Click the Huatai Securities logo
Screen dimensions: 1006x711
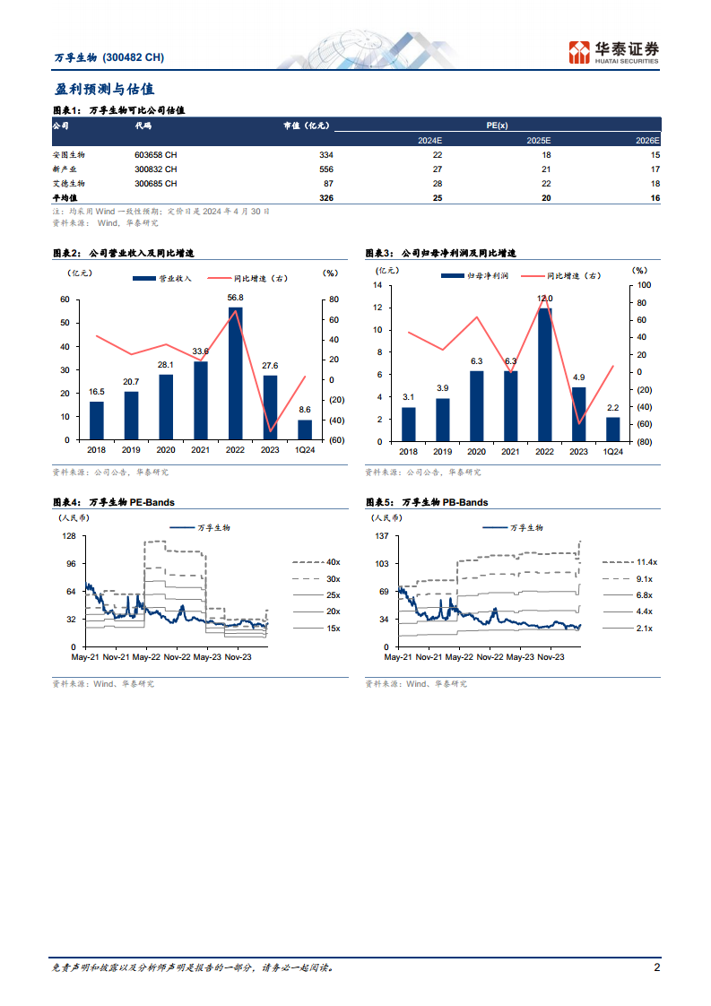(614, 51)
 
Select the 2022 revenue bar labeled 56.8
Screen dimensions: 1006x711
(235, 373)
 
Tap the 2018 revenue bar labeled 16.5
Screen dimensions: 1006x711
(97, 420)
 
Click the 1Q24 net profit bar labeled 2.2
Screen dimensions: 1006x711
(612, 429)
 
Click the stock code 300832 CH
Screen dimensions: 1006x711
(156, 169)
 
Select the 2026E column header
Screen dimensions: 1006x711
(647, 141)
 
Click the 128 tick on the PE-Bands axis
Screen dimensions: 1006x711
(69, 536)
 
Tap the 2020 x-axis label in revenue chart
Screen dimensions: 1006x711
(166, 451)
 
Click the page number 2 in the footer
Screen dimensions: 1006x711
(657, 968)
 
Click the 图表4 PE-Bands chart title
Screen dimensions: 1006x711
(114, 503)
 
